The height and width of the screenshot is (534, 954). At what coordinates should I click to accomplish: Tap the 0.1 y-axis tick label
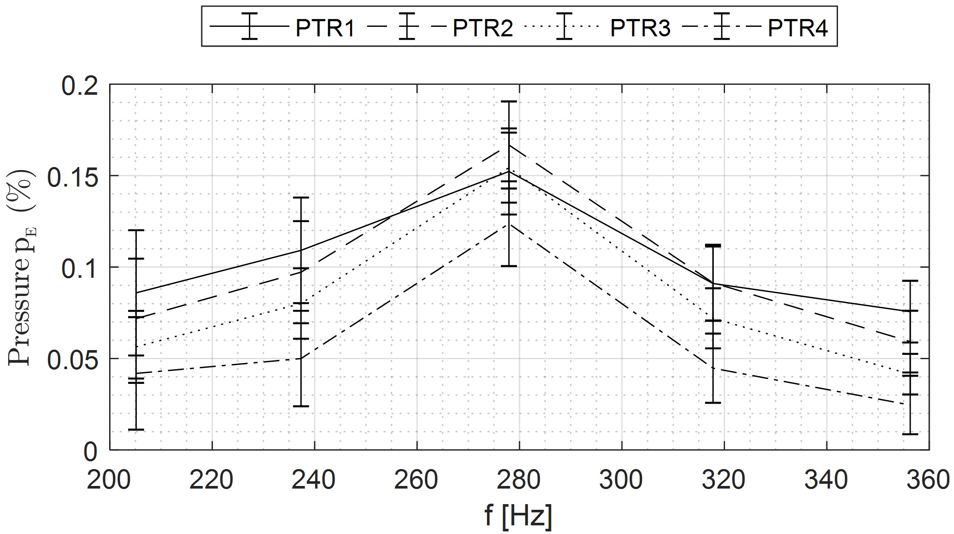(x=80, y=269)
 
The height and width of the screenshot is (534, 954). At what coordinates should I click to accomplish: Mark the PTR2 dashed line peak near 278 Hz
(x=509, y=145)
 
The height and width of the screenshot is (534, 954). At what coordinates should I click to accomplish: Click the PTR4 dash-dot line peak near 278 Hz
(x=509, y=224)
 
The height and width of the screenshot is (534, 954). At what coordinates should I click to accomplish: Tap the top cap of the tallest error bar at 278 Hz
(x=509, y=101)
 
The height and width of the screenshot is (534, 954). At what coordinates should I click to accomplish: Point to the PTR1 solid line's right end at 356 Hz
(x=911, y=311)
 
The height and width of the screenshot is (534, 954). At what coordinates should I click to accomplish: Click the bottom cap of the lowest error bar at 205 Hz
(x=136, y=429)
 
